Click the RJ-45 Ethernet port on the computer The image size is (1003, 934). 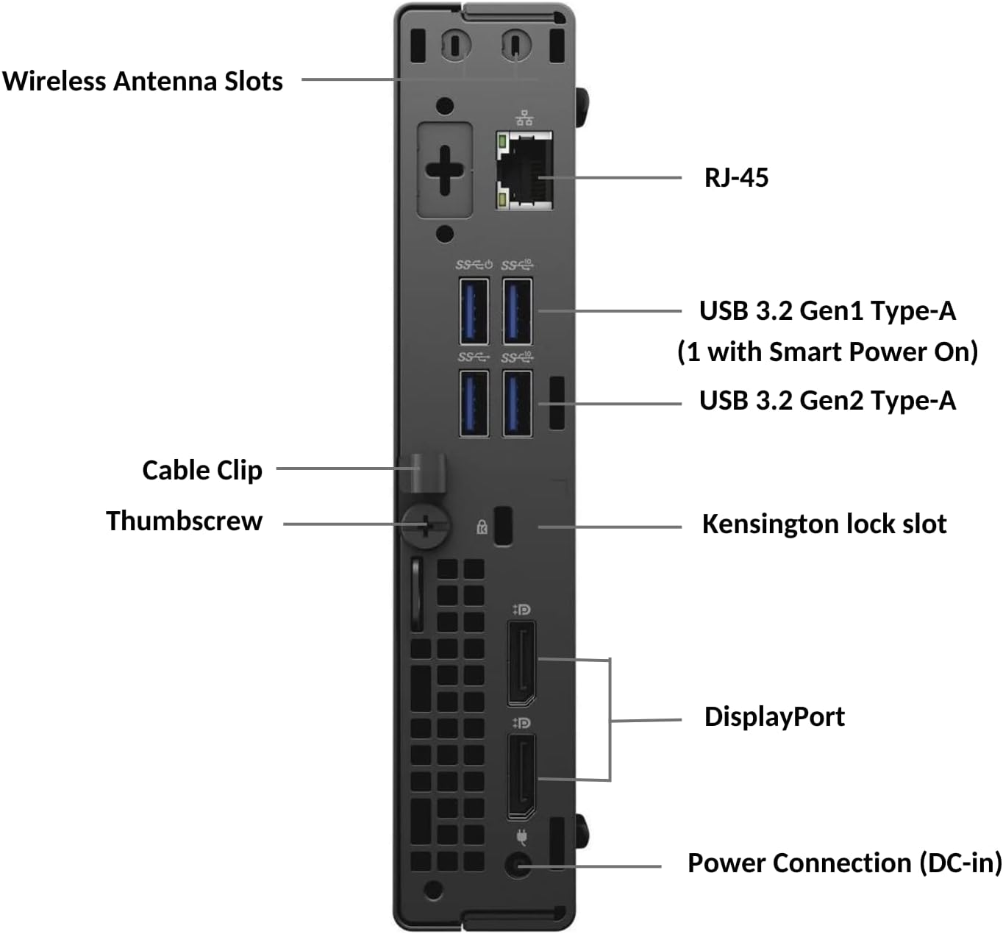click(526, 171)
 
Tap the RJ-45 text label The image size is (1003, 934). click(736, 177)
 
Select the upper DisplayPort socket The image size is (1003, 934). click(521, 663)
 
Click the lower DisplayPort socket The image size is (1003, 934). click(521, 776)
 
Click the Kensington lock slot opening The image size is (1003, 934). click(503, 526)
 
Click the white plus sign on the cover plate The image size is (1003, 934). click(444, 171)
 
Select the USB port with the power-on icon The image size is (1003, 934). click(474, 312)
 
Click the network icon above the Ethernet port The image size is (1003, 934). click(524, 118)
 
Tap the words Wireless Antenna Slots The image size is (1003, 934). click(143, 81)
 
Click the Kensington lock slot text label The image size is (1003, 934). click(824, 524)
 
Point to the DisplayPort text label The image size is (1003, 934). click(774, 716)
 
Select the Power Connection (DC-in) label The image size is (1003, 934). click(844, 863)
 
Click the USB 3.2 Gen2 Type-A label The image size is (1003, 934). click(827, 401)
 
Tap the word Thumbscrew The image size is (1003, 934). click(184, 521)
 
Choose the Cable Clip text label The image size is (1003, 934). click(201, 470)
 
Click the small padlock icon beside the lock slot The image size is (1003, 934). click(482, 526)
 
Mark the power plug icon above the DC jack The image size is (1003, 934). click(521, 837)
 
